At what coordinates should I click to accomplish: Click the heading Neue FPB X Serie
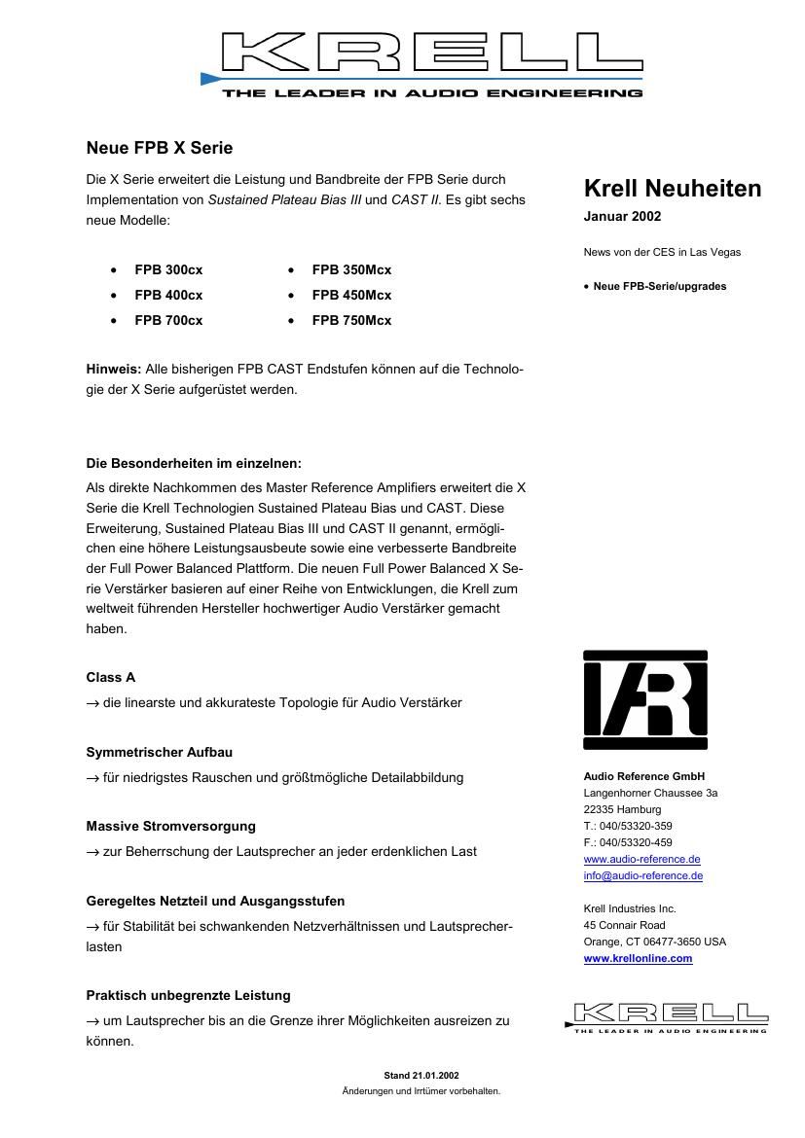(x=160, y=148)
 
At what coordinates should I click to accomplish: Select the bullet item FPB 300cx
(x=168, y=269)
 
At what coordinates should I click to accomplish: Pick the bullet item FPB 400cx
(x=168, y=295)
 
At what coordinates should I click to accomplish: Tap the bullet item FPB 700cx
(x=168, y=320)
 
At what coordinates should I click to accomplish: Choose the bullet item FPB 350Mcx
(x=351, y=269)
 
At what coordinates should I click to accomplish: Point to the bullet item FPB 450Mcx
(x=351, y=295)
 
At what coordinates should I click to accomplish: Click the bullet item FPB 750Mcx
(x=351, y=320)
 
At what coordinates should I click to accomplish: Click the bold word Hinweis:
(x=114, y=370)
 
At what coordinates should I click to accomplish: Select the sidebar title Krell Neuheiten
(x=673, y=189)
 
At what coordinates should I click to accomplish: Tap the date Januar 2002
(x=622, y=217)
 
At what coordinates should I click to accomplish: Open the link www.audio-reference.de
(x=641, y=859)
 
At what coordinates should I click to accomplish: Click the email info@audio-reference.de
(x=642, y=875)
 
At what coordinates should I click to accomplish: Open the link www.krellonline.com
(x=638, y=958)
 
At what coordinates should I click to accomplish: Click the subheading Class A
(x=111, y=677)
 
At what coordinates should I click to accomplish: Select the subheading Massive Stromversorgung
(x=171, y=826)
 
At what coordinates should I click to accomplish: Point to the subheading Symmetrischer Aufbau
(x=160, y=752)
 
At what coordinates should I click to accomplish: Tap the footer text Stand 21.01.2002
(x=421, y=1075)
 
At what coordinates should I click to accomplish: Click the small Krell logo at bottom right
(x=666, y=1016)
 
